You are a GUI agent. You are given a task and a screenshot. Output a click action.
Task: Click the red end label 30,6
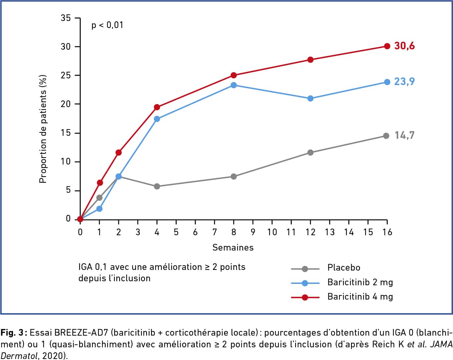404,46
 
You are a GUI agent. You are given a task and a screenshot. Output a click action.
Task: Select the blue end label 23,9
404,82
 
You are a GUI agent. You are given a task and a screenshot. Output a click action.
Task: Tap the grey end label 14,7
404,135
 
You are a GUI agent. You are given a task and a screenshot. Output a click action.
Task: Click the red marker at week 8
234,75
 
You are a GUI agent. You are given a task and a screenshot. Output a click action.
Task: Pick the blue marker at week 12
310,98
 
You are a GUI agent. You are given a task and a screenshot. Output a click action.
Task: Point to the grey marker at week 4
157,186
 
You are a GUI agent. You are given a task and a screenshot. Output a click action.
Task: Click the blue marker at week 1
99,209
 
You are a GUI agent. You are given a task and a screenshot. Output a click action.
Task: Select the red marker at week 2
118,152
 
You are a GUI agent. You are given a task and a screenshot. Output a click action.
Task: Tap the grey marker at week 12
310,152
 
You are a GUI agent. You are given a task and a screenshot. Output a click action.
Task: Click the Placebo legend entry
344,268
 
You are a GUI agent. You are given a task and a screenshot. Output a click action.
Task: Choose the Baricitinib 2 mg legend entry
360,282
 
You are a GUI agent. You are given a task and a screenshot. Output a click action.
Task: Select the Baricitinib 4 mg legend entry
360,297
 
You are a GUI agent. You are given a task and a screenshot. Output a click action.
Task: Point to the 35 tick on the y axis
66,18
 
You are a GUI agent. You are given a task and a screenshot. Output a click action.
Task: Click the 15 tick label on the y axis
66,133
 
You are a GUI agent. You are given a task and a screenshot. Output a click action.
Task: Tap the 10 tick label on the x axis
272,232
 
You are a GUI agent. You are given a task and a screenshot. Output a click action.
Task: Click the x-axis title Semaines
233,248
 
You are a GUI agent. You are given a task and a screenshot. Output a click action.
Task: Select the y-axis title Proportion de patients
43,128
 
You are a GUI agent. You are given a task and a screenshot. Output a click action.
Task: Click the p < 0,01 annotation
107,25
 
